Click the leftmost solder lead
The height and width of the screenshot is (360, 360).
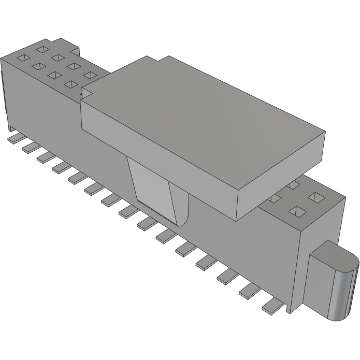[12, 139]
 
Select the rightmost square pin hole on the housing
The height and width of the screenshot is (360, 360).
[315, 197]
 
